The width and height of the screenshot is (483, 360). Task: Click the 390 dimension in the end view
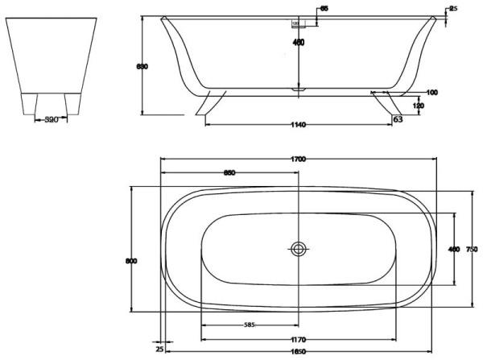(52, 118)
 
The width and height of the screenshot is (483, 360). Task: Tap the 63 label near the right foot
(397, 118)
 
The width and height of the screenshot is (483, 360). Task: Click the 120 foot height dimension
(419, 106)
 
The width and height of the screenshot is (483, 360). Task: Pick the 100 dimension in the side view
(432, 93)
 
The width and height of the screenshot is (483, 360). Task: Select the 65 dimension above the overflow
(324, 9)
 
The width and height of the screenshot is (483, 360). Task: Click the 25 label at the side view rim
(453, 9)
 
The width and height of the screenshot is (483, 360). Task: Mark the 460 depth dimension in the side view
(299, 43)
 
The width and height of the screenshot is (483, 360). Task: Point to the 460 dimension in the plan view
(453, 250)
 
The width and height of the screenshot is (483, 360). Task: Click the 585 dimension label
(250, 325)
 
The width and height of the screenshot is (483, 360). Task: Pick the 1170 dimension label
(299, 340)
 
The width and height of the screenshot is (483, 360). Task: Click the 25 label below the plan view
(159, 349)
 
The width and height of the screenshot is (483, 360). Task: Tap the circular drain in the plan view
(299, 249)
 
